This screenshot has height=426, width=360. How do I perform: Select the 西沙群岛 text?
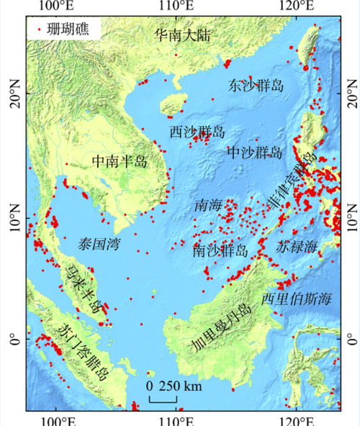[197, 132]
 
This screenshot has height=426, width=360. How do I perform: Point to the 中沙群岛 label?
[255, 153]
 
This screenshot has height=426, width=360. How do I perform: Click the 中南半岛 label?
[120, 162]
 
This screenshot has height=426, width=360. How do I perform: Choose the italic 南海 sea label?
[208, 206]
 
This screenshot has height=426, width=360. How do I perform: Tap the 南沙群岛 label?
[220, 251]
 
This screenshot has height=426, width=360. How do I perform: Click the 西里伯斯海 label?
[296, 298]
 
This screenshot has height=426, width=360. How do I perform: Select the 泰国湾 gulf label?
[99, 245]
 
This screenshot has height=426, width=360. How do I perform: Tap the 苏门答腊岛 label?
[84, 352]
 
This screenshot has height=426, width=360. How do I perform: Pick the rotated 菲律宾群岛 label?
[292, 183]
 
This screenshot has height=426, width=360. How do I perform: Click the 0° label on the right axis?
[350, 338]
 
